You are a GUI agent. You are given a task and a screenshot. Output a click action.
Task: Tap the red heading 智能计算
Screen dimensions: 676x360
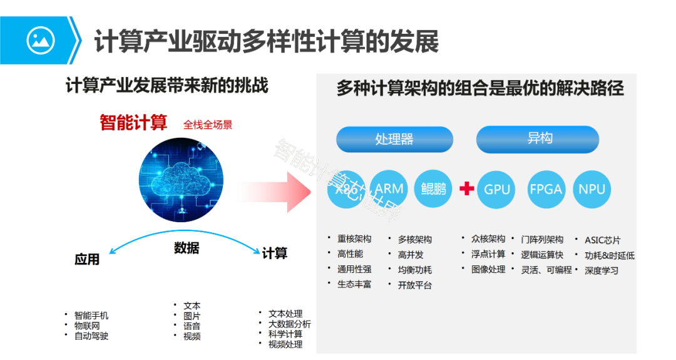click(133, 123)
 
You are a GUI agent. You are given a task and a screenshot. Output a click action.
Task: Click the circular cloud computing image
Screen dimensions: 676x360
click(182, 178)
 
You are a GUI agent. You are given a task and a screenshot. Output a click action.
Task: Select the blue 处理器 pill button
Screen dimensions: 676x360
click(394, 139)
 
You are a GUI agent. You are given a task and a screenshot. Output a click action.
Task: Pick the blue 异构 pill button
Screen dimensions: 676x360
click(538, 139)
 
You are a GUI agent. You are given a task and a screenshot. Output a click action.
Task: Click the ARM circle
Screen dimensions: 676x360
click(389, 188)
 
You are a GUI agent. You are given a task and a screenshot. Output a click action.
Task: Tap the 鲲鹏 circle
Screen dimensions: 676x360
click(433, 188)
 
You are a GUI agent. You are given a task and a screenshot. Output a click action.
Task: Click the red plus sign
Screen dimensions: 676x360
click(466, 188)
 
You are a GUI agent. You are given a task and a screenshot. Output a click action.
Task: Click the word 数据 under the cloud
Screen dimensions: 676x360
click(187, 248)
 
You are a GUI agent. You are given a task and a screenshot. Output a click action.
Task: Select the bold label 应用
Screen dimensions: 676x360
click(87, 259)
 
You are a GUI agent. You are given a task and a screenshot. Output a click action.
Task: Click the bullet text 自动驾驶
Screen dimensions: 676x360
click(91, 336)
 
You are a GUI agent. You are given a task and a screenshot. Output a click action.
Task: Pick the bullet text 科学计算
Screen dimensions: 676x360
click(285, 334)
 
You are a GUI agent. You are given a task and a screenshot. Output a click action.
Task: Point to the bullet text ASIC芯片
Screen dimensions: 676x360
click(603, 240)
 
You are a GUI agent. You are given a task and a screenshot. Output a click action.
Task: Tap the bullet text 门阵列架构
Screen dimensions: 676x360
click(542, 239)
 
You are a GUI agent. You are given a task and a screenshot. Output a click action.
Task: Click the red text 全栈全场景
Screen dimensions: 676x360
click(208, 125)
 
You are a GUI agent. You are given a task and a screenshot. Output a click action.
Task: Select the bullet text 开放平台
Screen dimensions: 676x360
click(414, 285)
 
